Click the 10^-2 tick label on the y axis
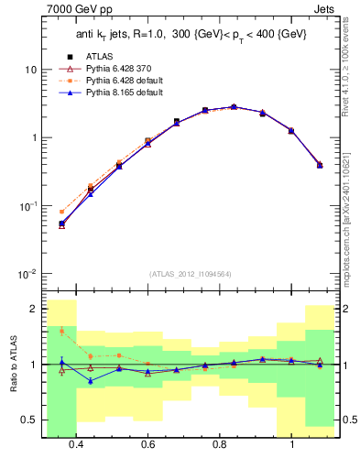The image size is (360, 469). coord(27,274)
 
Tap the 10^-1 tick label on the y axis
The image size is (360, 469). coord(27,206)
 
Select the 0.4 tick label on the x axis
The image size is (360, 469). coord(76,444)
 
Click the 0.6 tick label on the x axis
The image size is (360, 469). coord(147,444)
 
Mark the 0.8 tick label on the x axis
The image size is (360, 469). coord(220,444)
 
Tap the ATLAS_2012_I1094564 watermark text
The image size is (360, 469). coord(190,274)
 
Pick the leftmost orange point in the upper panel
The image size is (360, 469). coord(61,212)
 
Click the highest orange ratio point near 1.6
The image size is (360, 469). coord(61,331)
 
